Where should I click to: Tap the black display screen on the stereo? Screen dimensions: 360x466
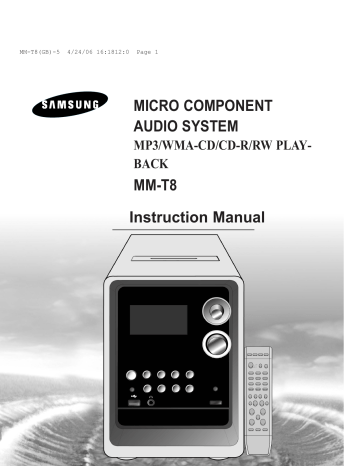(159, 320)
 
